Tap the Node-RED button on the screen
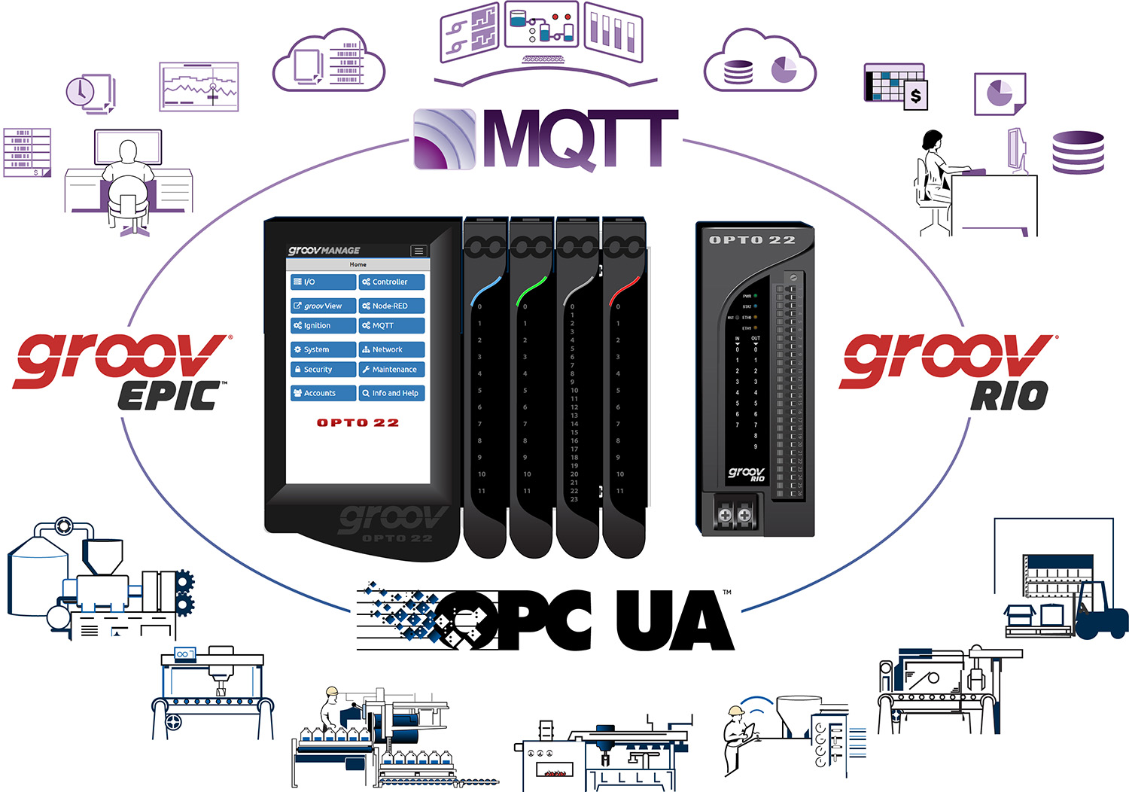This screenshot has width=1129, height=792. click(391, 306)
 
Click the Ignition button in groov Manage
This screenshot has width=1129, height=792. click(323, 326)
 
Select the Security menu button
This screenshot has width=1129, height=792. click(323, 370)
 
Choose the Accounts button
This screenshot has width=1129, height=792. click(323, 393)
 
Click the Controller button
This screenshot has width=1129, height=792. click(391, 282)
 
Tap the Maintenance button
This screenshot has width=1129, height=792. click(391, 370)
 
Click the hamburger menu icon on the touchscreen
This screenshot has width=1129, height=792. click(418, 251)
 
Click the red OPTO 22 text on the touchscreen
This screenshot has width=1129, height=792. click(358, 423)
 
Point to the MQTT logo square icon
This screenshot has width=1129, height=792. click(445, 139)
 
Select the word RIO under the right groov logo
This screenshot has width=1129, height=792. click(1009, 395)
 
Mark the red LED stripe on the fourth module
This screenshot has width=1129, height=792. click(625, 289)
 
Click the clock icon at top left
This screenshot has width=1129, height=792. click(80, 92)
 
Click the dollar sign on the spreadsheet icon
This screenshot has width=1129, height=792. click(915, 96)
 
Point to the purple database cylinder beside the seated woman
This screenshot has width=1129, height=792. click(1078, 152)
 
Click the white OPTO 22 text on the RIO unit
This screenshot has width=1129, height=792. click(752, 240)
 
